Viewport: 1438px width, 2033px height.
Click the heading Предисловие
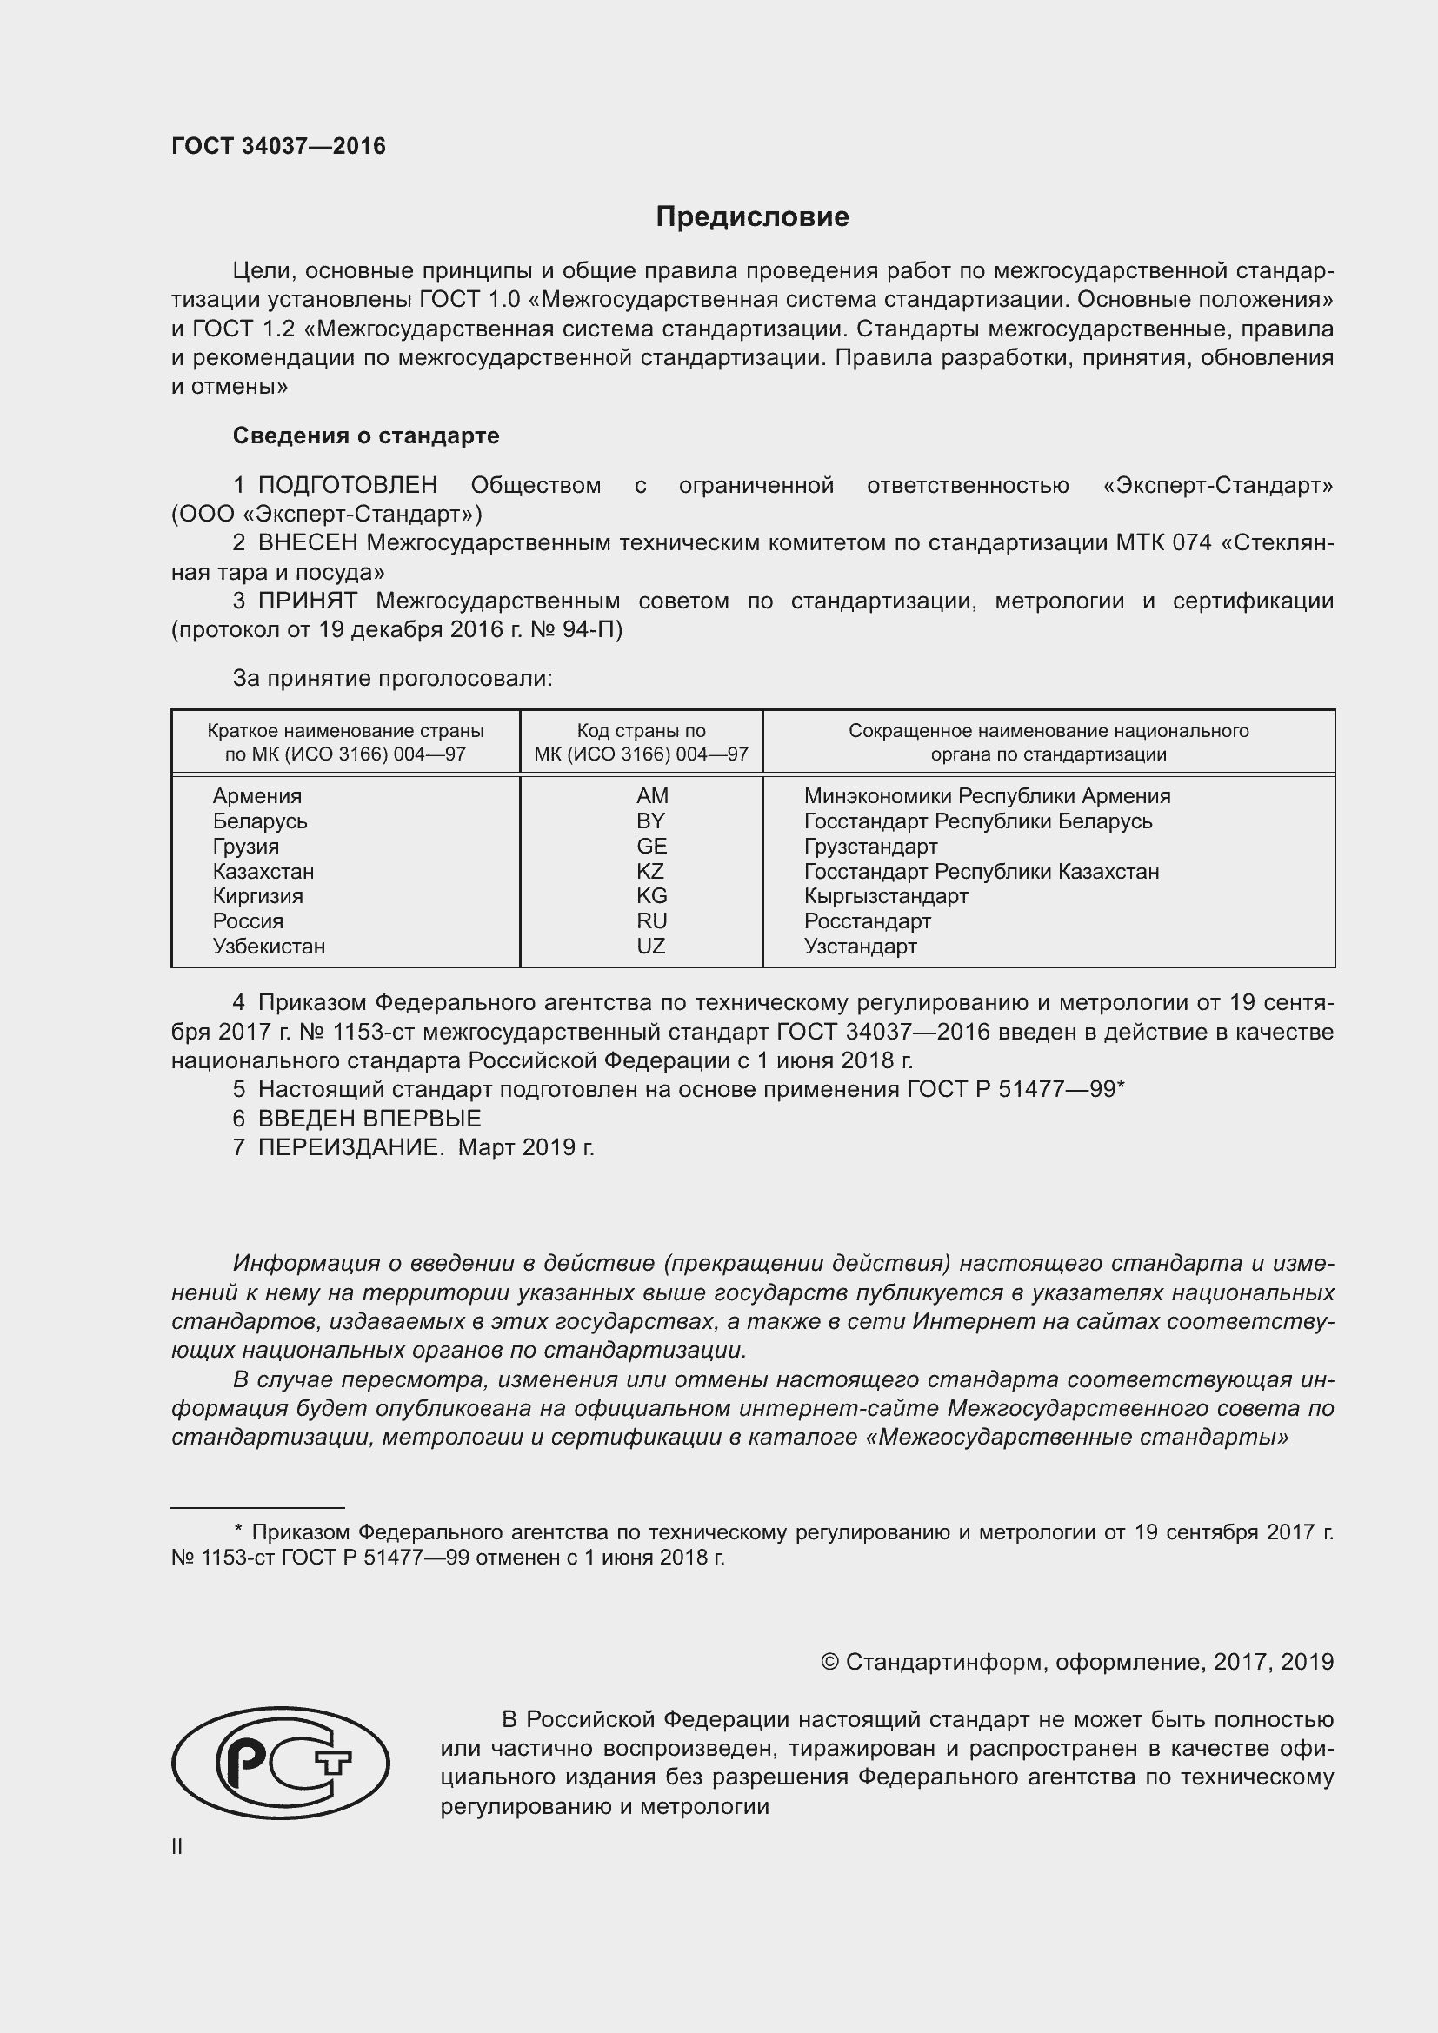click(752, 217)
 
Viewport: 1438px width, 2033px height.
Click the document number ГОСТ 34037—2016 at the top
click(278, 146)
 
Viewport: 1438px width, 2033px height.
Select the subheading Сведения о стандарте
click(366, 435)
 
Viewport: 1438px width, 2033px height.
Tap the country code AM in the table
click(652, 795)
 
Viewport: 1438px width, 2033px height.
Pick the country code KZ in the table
click(650, 870)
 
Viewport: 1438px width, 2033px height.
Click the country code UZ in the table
click(650, 946)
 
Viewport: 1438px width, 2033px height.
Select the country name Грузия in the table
click(245, 846)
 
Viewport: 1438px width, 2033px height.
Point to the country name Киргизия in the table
click(257, 895)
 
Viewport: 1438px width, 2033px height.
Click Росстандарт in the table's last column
click(867, 920)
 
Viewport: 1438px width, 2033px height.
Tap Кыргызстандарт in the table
click(885, 895)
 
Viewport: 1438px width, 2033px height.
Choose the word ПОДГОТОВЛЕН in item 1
click(347, 485)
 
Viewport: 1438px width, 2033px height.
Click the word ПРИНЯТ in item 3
click(307, 601)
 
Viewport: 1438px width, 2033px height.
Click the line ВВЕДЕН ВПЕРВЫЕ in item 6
click(369, 1119)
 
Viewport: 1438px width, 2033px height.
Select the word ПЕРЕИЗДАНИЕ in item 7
click(349, 1147)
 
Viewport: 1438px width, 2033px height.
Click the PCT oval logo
click(280, 1763)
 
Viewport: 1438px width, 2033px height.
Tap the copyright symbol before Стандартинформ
click(829, 1662)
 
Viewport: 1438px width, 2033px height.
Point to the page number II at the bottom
click(177, 1847)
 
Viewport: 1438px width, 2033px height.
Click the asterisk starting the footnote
click(238, 1531)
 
